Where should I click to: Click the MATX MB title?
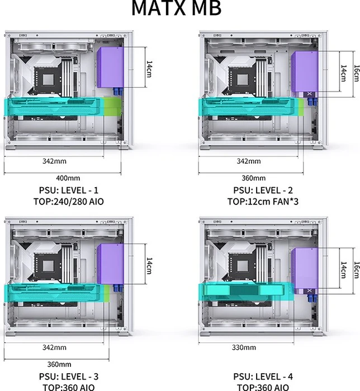[177, 8]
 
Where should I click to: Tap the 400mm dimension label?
[68, 178]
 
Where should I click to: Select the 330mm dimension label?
[244, 347]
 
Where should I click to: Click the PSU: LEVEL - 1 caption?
[69, 190]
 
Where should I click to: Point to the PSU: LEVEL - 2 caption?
[263, 190]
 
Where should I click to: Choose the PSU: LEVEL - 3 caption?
[69, 376]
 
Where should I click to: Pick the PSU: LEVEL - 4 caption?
[263, 376]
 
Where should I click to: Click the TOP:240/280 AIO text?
[69, 201]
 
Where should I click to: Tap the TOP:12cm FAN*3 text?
[263, 201]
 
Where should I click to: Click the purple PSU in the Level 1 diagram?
[110, 67]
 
